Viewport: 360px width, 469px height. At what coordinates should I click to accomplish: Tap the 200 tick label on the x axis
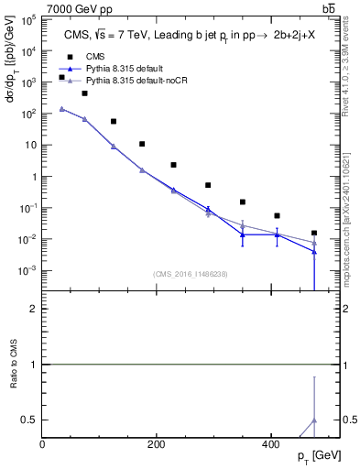156,444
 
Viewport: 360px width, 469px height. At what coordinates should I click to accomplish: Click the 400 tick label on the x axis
269,444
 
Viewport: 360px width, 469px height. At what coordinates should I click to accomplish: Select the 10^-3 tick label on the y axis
27,271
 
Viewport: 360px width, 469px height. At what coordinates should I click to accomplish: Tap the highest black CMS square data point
62,77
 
